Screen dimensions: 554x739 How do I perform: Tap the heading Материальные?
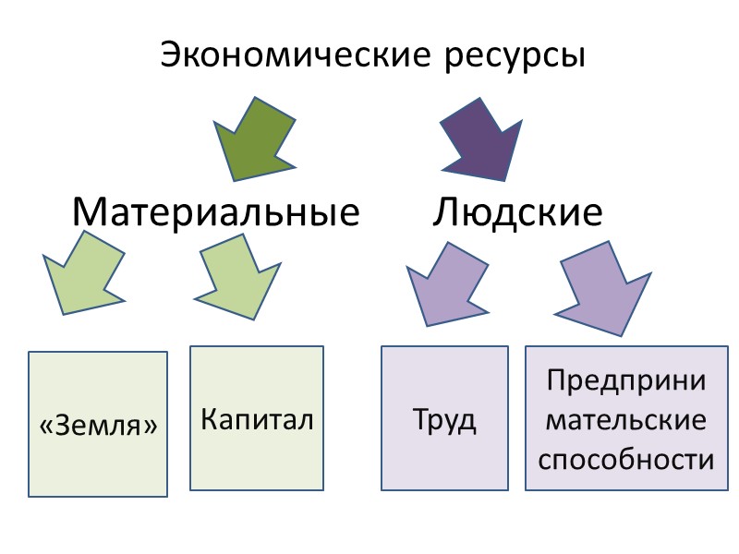[x=216, y=213]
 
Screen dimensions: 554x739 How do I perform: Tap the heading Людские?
[x=517, y=213]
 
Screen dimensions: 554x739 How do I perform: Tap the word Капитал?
[x=257, y=419]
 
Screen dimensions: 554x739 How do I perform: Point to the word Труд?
[x=444, y=421]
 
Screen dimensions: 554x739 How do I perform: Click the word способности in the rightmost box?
[x=626, y=459]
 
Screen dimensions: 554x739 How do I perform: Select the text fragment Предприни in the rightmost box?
[x=626, y=380]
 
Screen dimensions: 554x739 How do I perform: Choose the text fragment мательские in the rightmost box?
[x=626, y=420]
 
